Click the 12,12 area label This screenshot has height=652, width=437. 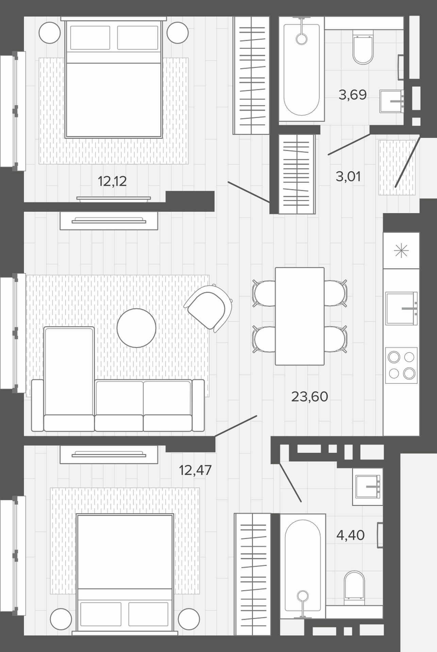coord(112,181)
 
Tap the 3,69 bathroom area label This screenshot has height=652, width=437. coord(353,95)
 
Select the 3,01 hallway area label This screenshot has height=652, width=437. coord(348,177)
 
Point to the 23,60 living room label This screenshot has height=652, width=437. coord(309,396)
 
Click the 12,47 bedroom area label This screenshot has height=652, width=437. coord(195,470)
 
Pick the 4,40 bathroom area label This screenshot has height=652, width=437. coord(350,535)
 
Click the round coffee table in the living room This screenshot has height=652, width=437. coord(136,328)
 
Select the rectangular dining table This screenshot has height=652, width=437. coord(300,316)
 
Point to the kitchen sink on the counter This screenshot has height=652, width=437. coord(402,308)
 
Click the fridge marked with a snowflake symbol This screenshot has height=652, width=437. coord(401,251)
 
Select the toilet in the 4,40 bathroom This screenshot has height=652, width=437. coord(354,588)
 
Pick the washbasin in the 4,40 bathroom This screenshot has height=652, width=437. coord(369,487)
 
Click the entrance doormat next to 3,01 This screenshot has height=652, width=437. coord(397,167)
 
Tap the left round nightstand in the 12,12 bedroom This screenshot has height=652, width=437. coord(50,33)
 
